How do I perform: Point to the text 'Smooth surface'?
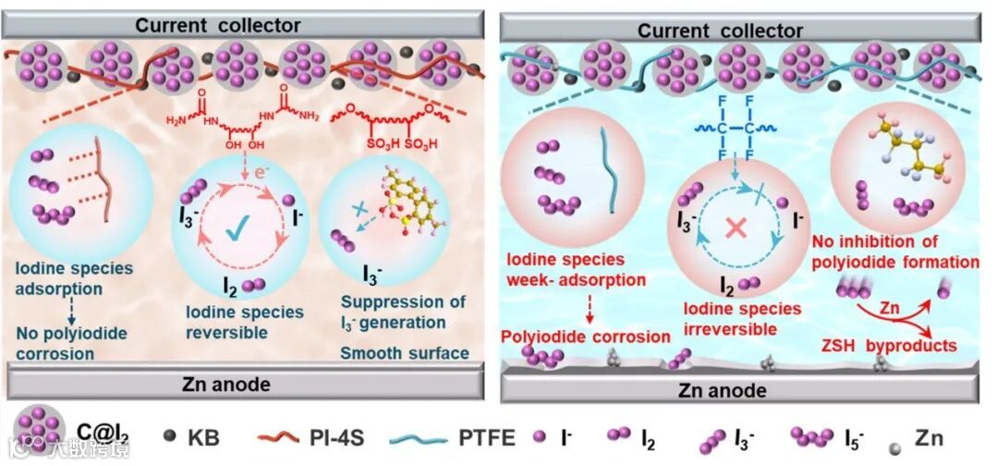click(405, 352)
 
